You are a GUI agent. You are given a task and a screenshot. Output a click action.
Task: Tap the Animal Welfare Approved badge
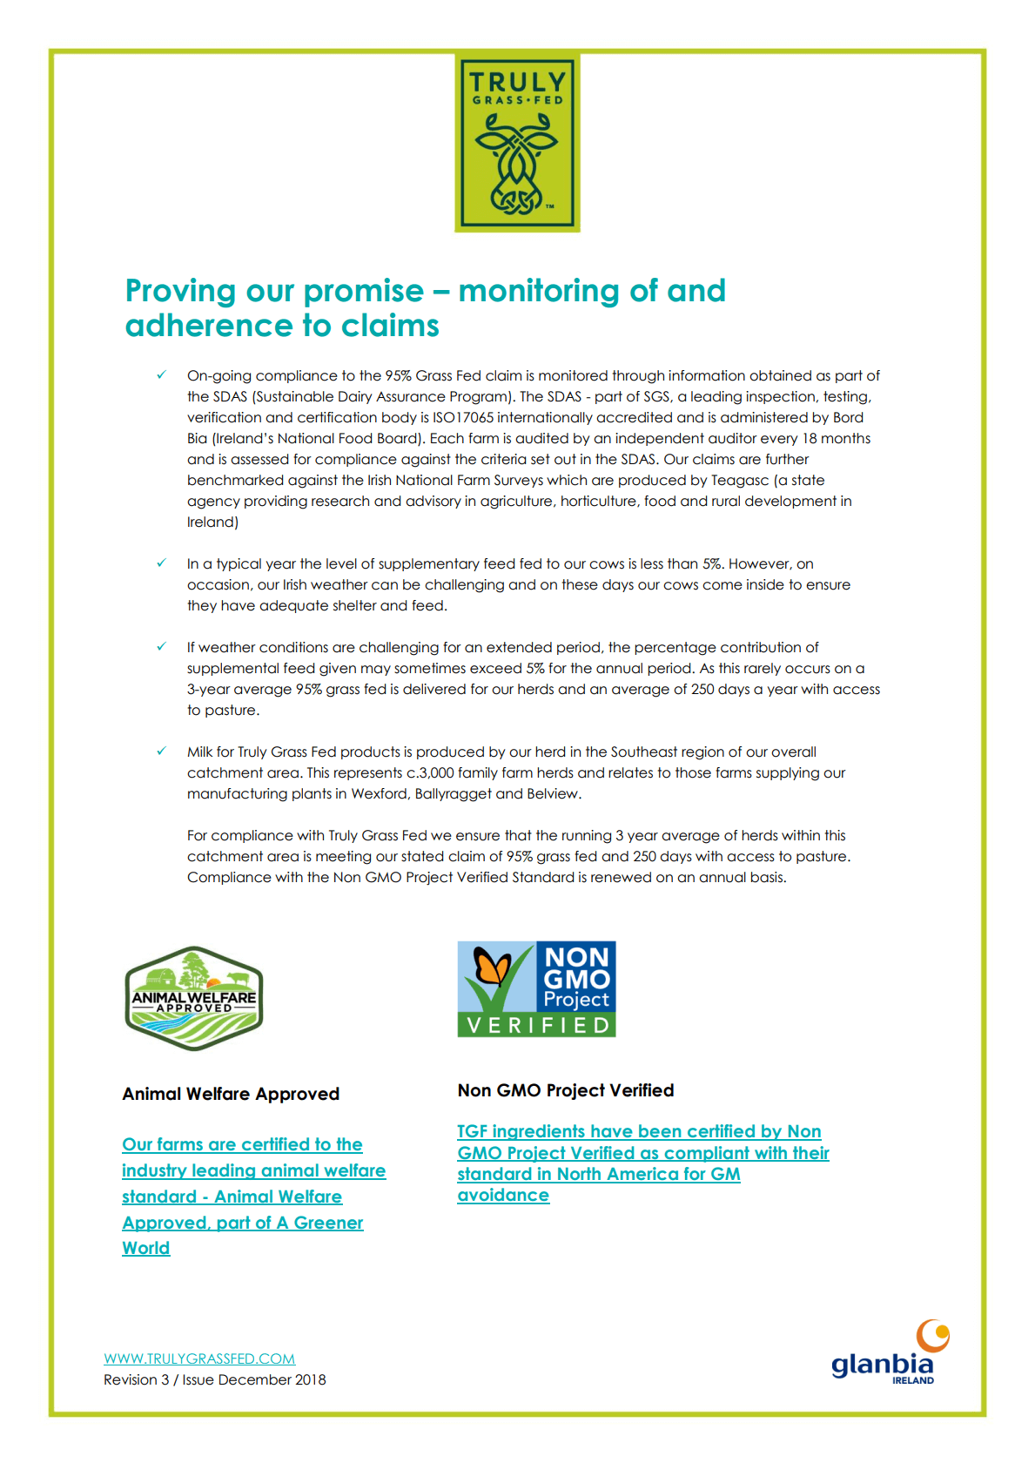[x=193, y=998]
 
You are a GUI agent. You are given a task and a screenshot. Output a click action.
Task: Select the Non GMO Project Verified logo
[x=536, y=988]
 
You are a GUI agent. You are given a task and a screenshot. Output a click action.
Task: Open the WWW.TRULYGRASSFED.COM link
[x=199, y=1358]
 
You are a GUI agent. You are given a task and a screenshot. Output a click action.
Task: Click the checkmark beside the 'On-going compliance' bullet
[x=161, y=375]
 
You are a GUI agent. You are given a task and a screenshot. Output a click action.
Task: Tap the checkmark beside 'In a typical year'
[x=161, y=563]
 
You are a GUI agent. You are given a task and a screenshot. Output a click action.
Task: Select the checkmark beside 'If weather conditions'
[x=161, y=647]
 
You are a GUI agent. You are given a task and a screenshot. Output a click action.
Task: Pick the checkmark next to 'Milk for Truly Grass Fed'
[x=161, y=752]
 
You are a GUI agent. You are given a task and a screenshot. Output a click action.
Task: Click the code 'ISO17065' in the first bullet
[x=463, y=417]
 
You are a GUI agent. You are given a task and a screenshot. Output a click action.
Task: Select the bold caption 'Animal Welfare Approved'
[x=231, y=1094]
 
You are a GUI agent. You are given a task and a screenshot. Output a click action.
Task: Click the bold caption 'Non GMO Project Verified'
[x=566, y=1090]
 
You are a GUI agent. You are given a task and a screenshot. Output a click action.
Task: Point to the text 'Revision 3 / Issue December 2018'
[x=215, y=1379]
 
